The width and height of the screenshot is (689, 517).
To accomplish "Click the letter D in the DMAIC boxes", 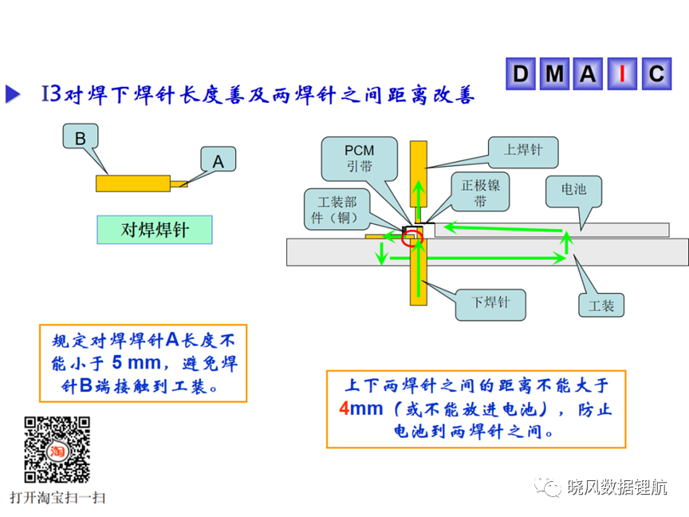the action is pos(521,73).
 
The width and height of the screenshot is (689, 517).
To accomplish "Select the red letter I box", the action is pos(622,73).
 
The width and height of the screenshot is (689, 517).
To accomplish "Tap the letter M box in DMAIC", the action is pos(554,73).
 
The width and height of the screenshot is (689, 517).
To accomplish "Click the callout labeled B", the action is pos(81,136).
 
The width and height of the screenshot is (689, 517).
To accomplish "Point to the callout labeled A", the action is pos(219,159).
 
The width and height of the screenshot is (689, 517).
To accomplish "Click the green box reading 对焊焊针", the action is pos(155,230).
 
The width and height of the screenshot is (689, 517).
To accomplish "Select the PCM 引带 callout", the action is pos(360,159).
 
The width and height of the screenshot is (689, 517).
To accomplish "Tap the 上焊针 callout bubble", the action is pos(523,152).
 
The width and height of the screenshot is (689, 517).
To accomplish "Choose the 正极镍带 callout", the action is pos(480,191).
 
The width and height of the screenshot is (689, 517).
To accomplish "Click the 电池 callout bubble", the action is pos(574,191).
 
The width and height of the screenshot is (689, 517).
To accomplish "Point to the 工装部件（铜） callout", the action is pos(337,210).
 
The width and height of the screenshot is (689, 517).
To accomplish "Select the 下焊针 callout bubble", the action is pos(490,305).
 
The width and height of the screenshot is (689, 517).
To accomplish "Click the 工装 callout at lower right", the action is pos(601,305).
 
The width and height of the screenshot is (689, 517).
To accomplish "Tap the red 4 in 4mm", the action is pos(344,408).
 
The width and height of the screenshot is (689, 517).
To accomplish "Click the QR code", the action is pos(57,450).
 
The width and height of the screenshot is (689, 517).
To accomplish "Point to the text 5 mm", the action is pos(136,363).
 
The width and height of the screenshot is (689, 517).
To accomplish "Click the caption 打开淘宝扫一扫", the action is pos(57,498).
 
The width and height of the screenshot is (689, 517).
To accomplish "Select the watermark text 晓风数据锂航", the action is pos(617,487).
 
